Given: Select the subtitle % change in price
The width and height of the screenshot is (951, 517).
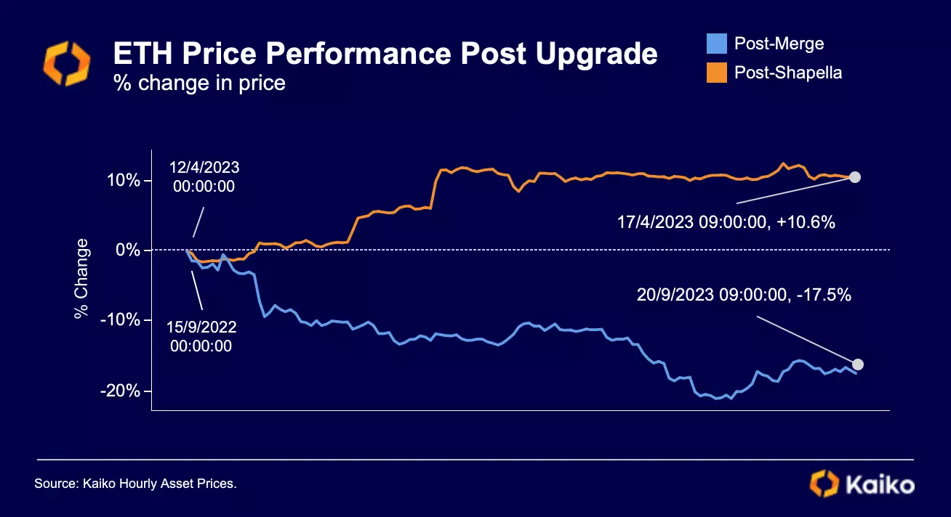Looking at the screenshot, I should click(x=198, y=84).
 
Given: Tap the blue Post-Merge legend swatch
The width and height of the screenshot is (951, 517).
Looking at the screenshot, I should click(x=716, y=44).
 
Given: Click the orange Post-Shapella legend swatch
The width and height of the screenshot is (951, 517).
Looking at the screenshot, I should click(x=716, y=73).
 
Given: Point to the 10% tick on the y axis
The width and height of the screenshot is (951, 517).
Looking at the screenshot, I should click(x=126, y=180).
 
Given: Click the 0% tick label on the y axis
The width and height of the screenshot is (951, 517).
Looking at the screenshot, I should click(x=129, y=251).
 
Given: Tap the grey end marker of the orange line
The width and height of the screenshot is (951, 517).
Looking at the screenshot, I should click(x=855, y=177).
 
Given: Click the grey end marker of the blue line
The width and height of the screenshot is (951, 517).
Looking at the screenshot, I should click(x=858, y=365).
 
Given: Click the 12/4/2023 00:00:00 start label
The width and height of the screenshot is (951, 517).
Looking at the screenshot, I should click(x=204, y=176).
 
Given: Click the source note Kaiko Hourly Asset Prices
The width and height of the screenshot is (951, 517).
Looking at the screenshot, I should click(x=136, y=483).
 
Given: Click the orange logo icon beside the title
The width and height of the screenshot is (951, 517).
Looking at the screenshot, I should click(x=67, y=64).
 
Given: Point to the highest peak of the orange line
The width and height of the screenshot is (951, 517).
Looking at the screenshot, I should click(x=784, y=163).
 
